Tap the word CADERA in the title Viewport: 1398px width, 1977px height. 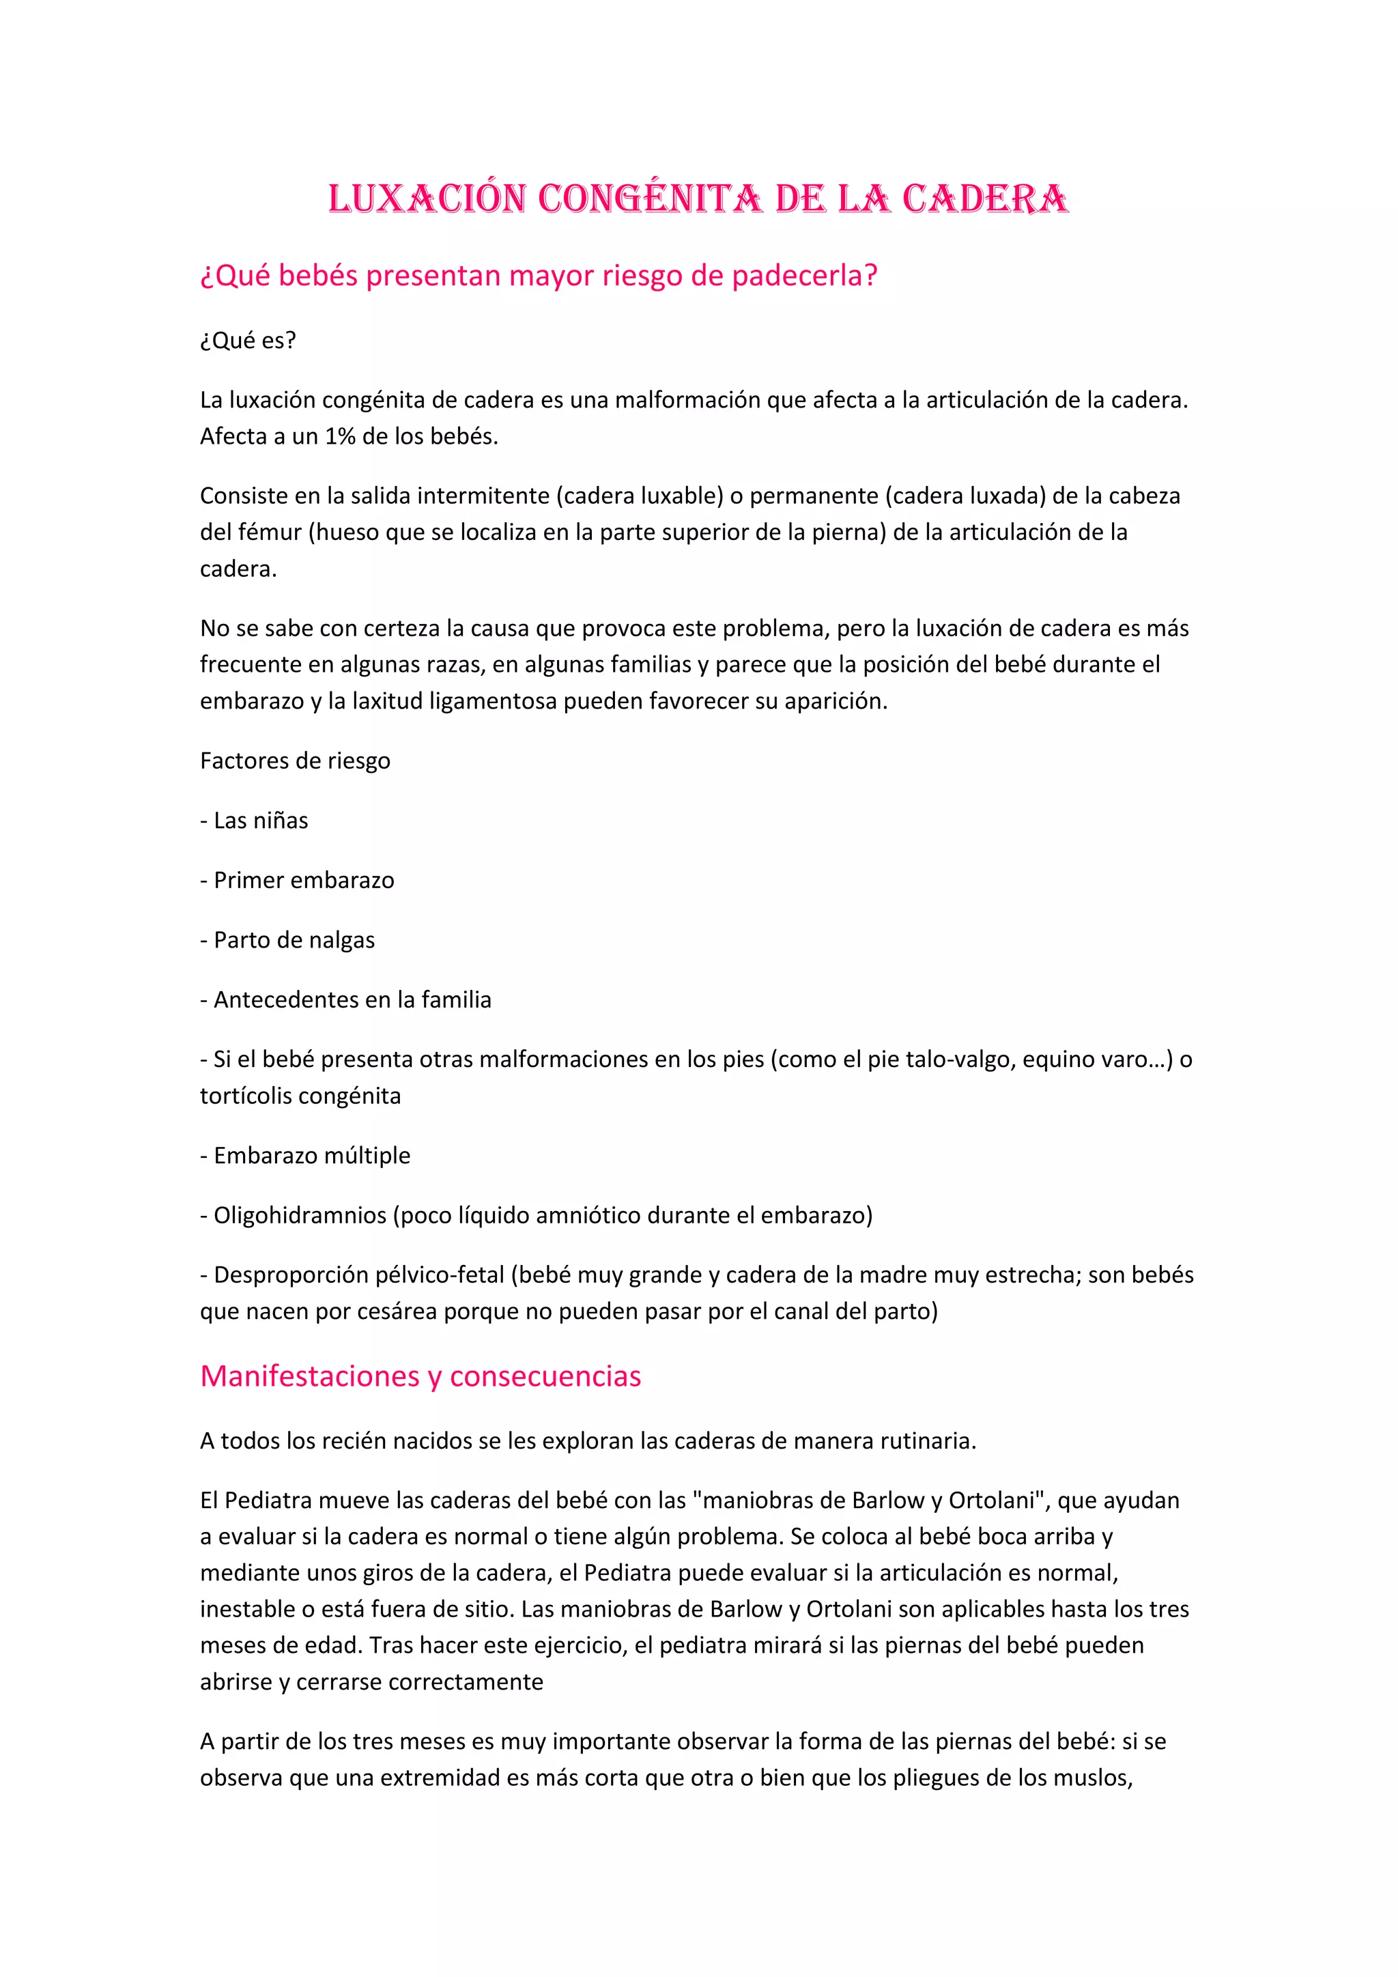985,199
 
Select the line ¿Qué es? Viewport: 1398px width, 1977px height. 248,341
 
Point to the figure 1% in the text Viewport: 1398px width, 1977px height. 340,436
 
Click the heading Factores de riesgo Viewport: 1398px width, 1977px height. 296,761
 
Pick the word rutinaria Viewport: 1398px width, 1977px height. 927,1440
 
